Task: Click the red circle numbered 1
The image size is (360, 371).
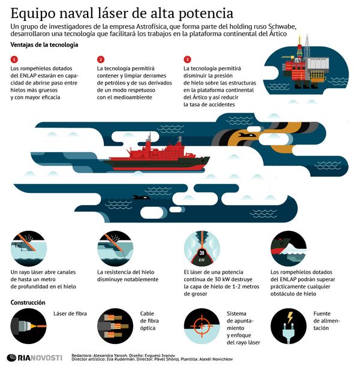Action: tap(14, 59)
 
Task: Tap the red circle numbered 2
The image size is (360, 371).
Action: tap(101, 59)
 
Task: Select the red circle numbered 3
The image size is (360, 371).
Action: tap(187, 59)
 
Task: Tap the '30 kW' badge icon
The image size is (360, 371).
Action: tap(202, 254)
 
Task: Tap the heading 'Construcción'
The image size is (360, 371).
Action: tap(28, 303)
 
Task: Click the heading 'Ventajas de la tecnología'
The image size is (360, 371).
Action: tap(44, 46)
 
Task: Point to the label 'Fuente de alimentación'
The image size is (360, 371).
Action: tap(326, 321)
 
